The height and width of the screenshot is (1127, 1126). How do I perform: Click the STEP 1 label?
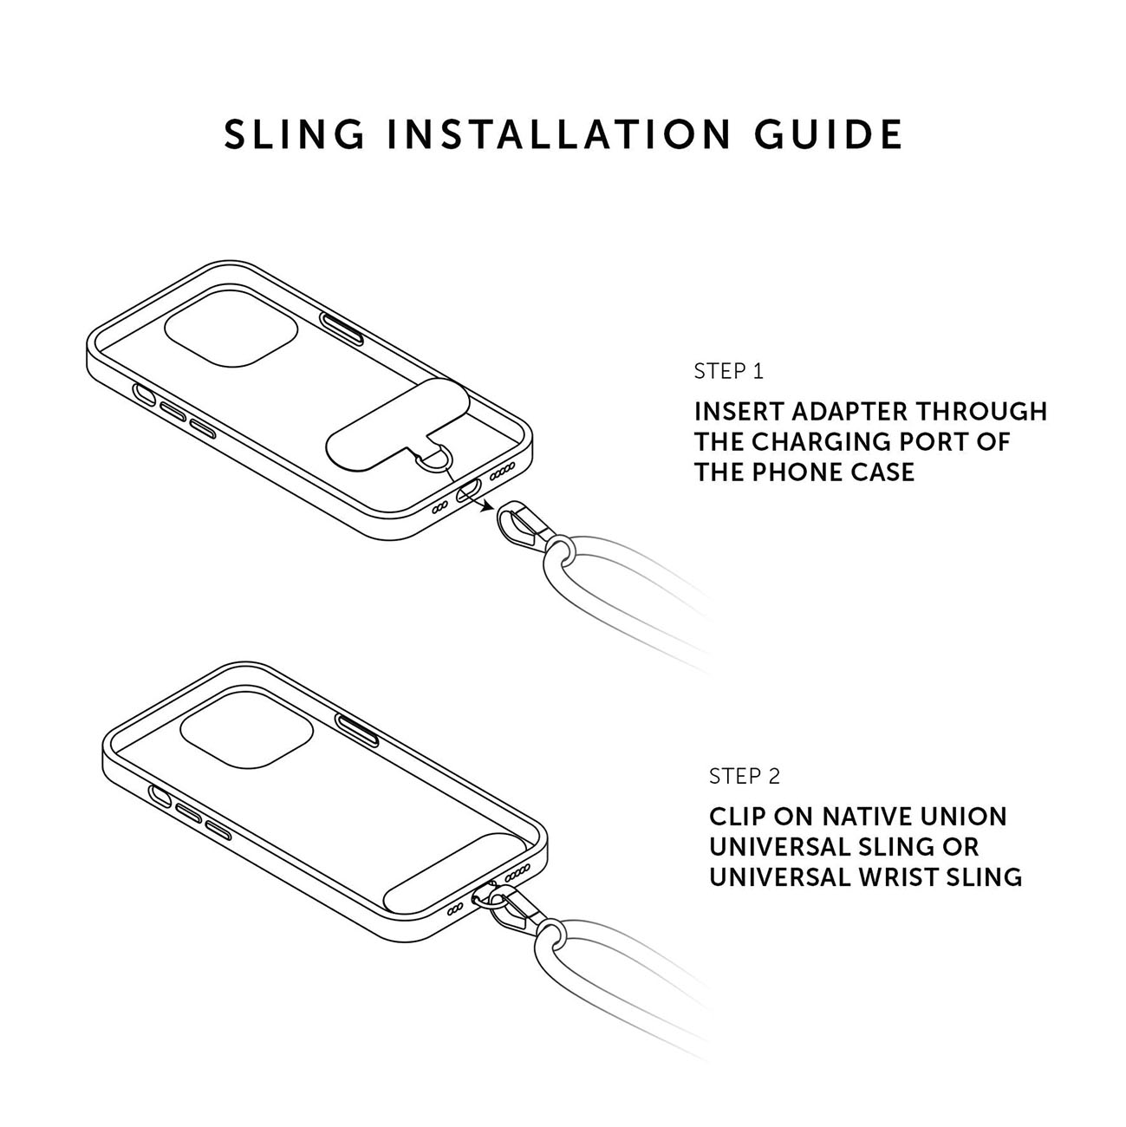point(729,372)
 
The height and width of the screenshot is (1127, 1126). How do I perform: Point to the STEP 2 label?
point(745,776)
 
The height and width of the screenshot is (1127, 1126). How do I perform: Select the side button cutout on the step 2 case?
point(356,730)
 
